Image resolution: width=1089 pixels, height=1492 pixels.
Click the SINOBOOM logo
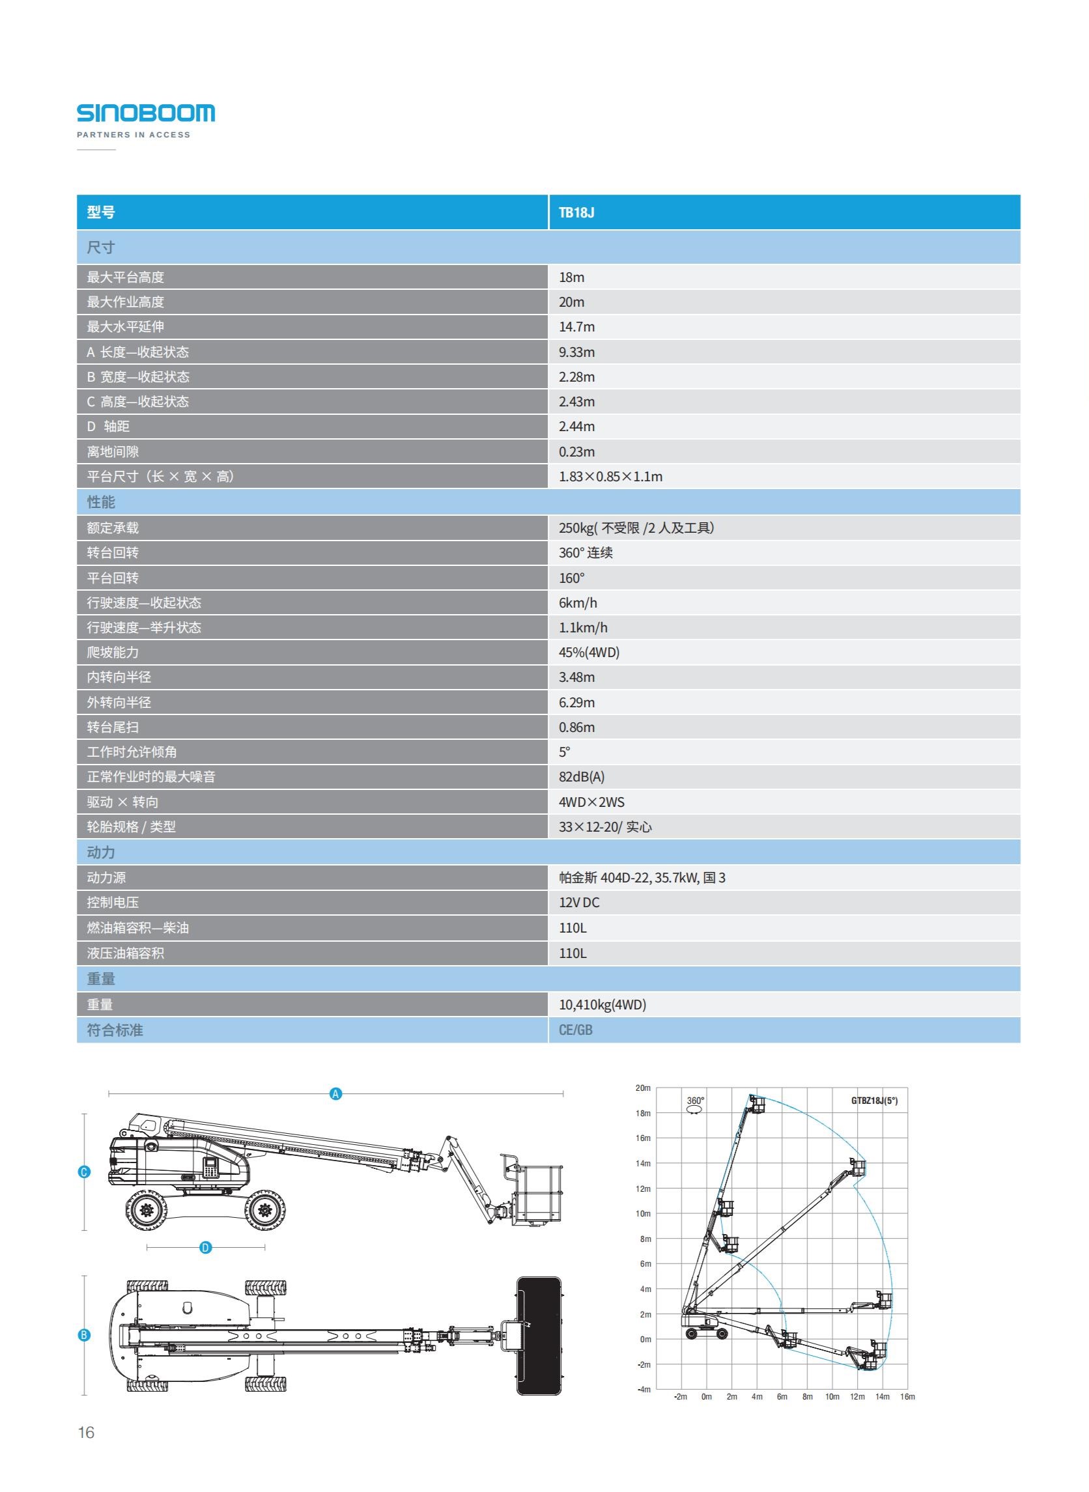(146, 113)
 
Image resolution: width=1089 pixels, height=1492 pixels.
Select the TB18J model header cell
(576, 213)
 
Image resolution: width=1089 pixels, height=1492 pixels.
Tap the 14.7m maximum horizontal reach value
(576, 327)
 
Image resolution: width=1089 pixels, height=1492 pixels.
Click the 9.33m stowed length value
(576, 352)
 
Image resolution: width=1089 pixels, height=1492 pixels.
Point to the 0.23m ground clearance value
(576, 452)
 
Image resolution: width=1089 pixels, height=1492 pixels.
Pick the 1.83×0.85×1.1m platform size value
(610, 477)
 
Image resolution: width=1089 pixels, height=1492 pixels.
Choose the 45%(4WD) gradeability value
(589, 653)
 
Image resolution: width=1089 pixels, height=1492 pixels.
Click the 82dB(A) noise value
(582, 777)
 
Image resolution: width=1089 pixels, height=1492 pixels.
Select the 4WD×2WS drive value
(591, 802)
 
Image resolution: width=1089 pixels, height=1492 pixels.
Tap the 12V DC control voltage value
(579, 903)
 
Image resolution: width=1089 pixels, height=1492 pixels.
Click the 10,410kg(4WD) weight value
(602, 1004)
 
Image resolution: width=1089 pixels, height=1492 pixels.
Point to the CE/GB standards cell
(576, 1030)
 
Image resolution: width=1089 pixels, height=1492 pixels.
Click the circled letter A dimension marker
(335, 1094)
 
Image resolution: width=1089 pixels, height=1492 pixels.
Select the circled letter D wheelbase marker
(206, 1248)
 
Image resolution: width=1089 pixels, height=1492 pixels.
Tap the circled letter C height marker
(84, 1172)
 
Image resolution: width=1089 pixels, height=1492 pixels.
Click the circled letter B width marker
(84, 1335)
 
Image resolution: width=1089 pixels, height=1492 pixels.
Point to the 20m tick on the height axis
(643, 1088)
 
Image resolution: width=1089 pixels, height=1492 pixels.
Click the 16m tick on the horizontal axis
(907, 1396)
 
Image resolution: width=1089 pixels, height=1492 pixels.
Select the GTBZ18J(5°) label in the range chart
(874, 1101)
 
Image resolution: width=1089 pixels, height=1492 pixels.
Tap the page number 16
(87, 1432)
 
